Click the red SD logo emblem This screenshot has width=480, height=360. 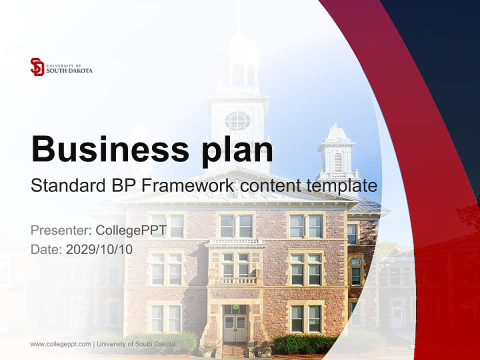point(37,67)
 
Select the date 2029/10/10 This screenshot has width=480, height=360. point(99,249)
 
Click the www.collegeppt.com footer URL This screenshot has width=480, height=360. point(60,344)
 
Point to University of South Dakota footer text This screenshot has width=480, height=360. point(136,344)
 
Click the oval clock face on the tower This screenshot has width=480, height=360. point(237,120)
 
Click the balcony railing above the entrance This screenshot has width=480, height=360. point(235,280)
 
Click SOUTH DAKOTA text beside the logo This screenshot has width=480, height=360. point(69,70)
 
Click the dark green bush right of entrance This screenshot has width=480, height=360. point(300,344)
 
